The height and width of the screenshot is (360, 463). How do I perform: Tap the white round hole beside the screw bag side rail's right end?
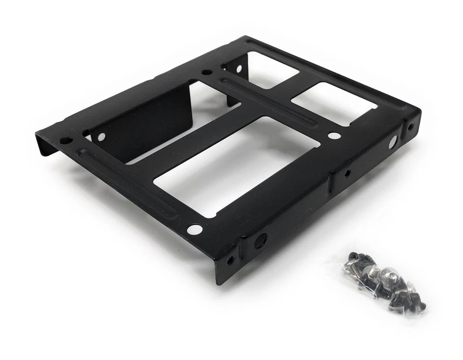click(x=393, y=141)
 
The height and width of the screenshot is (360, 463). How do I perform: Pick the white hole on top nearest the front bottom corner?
click(x=195, y=229)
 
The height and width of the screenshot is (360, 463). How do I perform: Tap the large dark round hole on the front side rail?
click(x=260, y=239)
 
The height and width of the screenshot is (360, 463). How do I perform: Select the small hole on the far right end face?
click(x=410, y=128)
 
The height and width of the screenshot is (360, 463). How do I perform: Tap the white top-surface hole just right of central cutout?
click(x=334, y=136)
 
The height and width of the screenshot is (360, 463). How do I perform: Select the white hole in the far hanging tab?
click(x=238, y=69)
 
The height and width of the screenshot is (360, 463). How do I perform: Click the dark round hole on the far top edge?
click(x=206, y=72)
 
